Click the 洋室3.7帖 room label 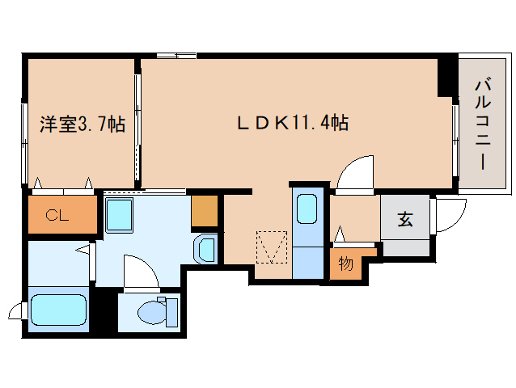[82, 124]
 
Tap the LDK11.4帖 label [292, 123]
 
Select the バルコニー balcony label [482, 123]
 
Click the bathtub [57, 310]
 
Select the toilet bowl [150, 310]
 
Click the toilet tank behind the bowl [171, 310]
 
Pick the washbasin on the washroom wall [205, 248]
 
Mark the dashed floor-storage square [272, 247]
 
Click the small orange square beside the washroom [205, 211]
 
